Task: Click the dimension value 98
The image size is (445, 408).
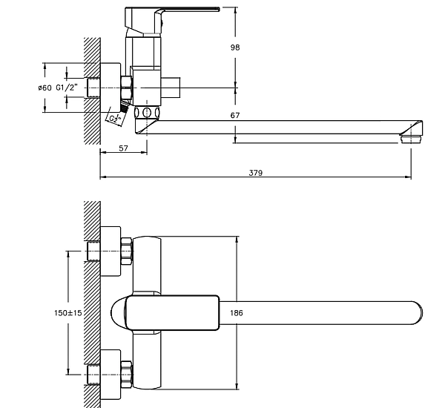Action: pos(245,47)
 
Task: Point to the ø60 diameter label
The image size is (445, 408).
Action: pos(44,88)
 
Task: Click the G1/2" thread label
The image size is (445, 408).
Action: pos(65,88)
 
